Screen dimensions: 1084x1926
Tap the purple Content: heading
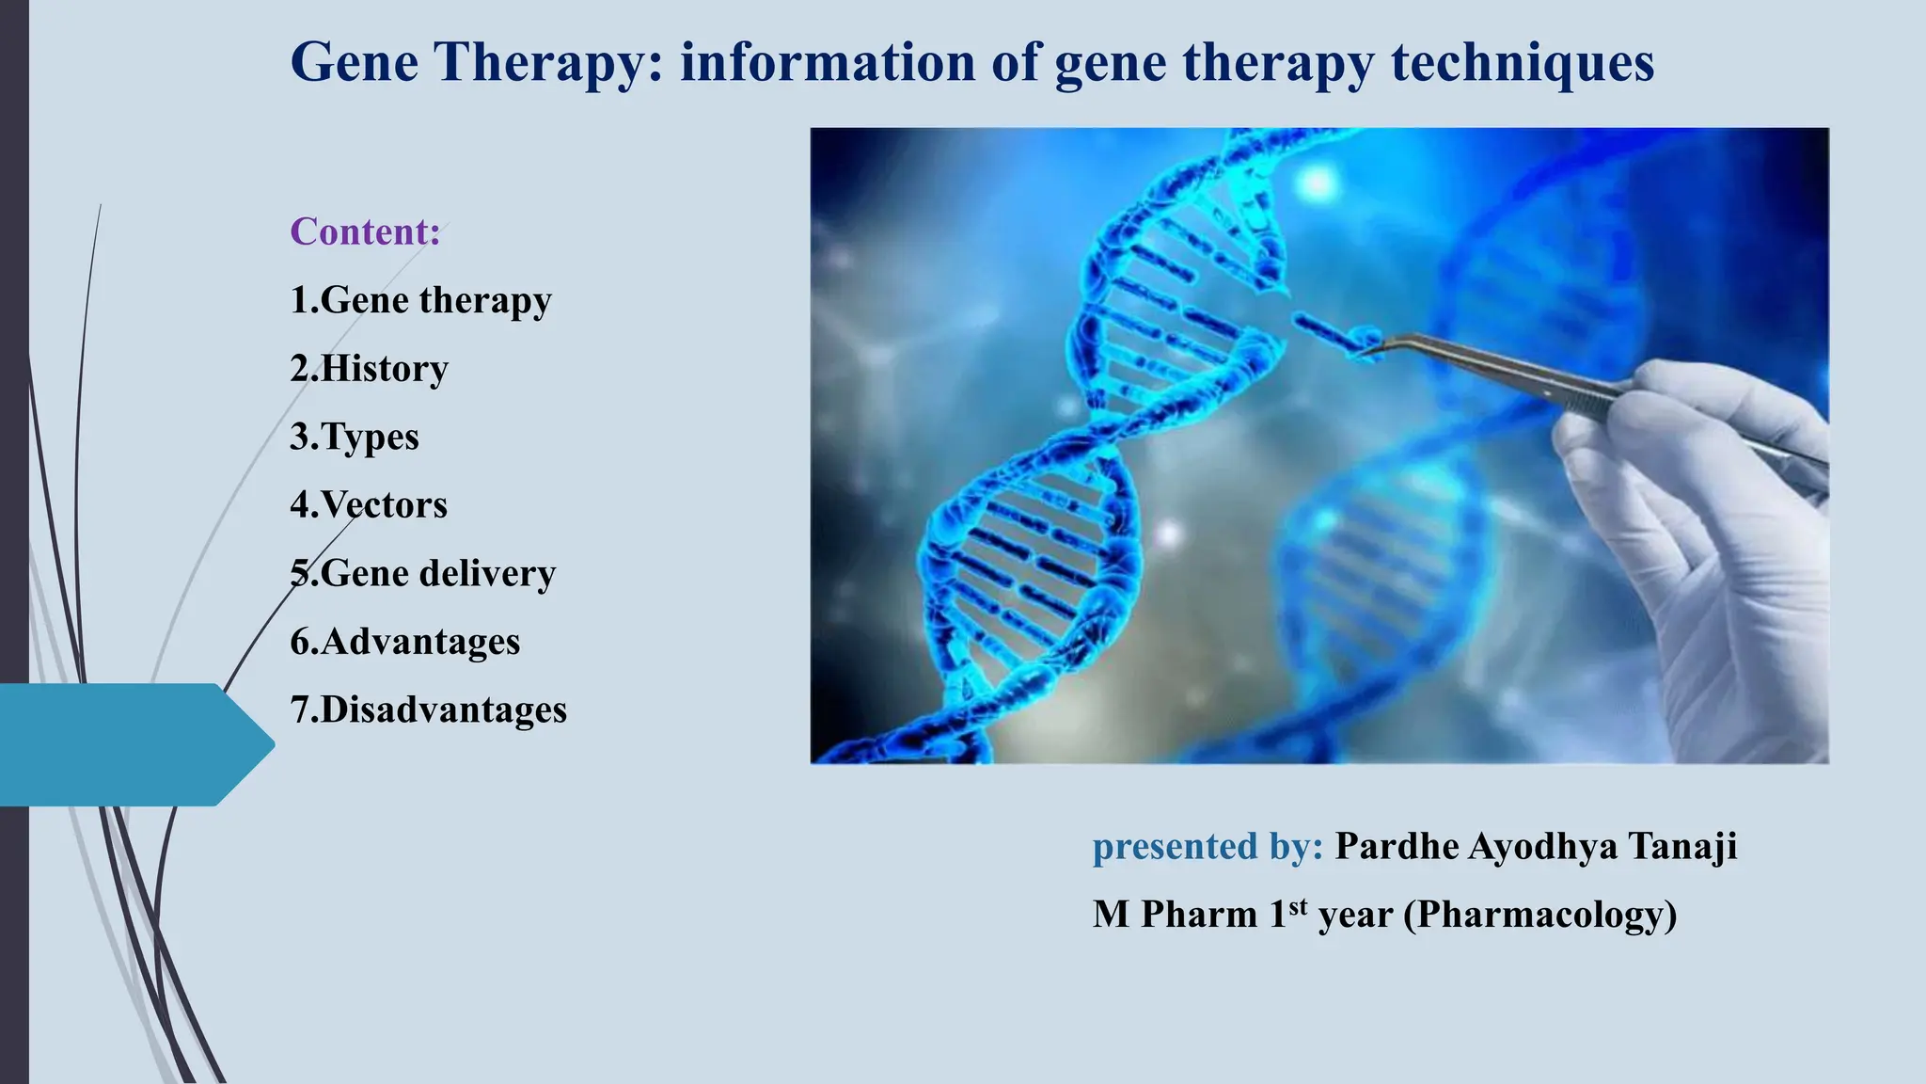365,231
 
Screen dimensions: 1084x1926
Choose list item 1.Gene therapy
420,300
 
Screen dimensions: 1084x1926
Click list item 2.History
369,368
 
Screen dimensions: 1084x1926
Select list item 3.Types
355,437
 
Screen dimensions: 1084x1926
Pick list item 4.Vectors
369,505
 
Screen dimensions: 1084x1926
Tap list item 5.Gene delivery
422,573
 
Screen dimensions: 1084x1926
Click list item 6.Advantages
404,642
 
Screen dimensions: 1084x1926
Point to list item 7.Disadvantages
428,709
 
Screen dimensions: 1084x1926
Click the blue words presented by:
1208,846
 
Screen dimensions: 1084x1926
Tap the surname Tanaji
1682,846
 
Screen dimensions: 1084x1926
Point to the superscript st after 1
1298,906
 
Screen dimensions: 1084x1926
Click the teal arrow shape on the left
132,744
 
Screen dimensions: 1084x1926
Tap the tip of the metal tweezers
1375,350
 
